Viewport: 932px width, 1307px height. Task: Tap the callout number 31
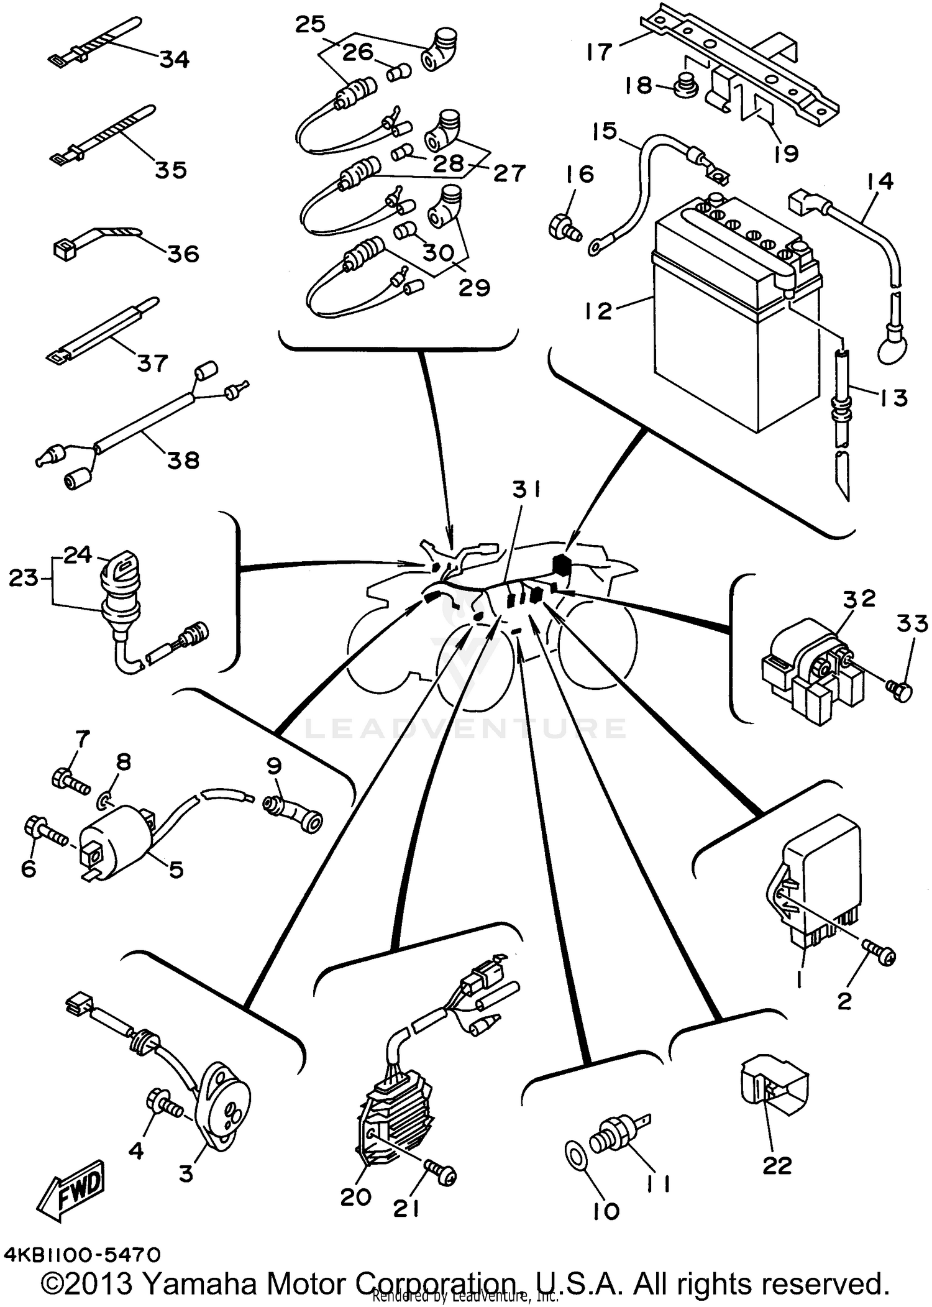coord(526,490)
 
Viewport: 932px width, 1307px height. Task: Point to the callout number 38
coord(183,460)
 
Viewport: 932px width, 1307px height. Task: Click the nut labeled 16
coord(564,227)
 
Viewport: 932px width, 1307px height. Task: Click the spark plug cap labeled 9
coord(292,812)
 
